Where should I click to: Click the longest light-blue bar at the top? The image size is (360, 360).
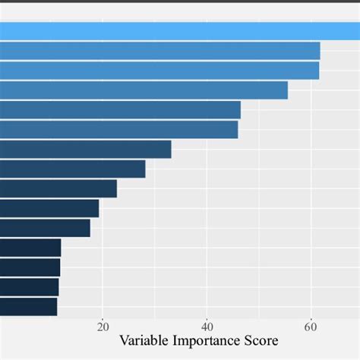[x=180, y=31]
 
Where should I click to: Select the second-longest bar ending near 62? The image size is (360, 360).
[x=159, y=51]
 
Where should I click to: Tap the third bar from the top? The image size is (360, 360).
[x=159, y=71]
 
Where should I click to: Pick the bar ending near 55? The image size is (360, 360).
[x=144, y=90]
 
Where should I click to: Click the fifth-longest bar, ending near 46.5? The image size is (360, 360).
[x=120, y=110]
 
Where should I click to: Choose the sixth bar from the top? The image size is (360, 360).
[x=118, y=130]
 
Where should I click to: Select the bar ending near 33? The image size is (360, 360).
[x=85, y=150]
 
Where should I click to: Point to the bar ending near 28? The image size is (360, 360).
[x=72, y=169]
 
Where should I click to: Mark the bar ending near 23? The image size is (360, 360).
[x=58, y=188]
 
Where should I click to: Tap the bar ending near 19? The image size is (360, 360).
[x=49, y=208]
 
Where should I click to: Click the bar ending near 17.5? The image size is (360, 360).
[x=45, y=228]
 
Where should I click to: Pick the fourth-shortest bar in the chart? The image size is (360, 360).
[x=30, y=248]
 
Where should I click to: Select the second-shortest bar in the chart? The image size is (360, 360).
[x=29, y=287]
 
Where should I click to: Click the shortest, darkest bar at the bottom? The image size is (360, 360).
[x=28, y=306]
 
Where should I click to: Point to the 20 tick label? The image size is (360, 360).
[x=103, y=327]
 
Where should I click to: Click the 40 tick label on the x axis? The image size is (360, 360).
[x=207, y=327]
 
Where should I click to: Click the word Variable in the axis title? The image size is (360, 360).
[x=144, y=341]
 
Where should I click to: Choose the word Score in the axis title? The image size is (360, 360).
[x=261, y=341]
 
